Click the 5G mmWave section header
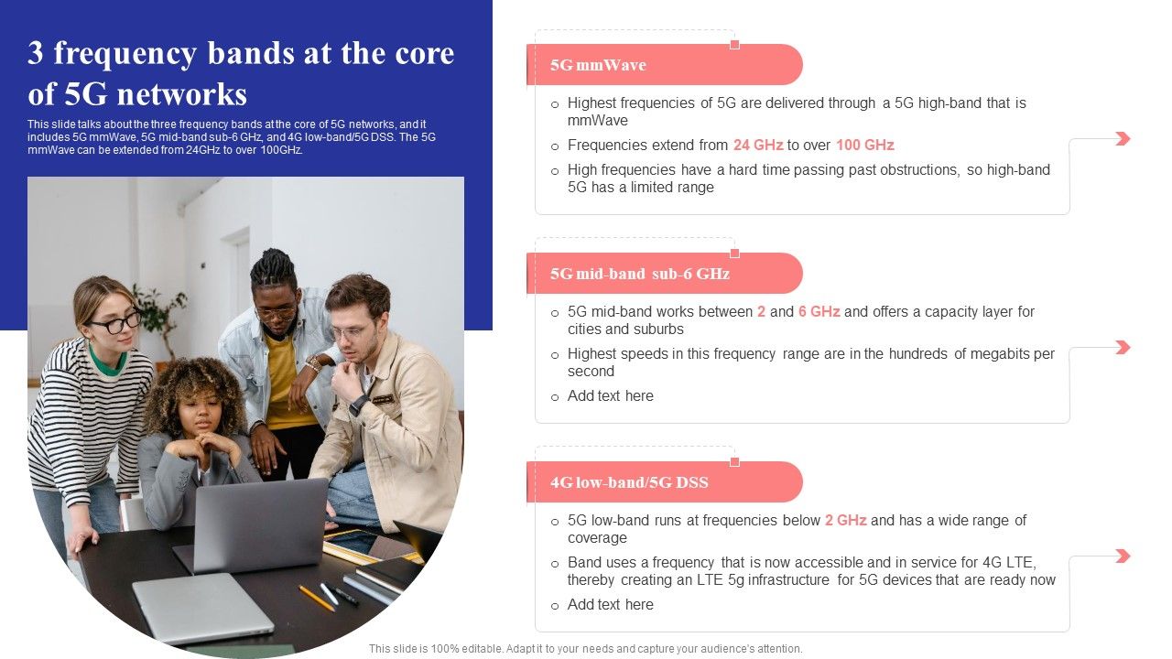pos(598,65)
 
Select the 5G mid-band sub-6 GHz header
pos(639,274)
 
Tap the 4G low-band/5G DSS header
pos(629,482)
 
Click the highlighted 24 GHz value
pos(757,145)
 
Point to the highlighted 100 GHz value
pos(864,145)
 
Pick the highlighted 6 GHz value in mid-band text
pos(819,311)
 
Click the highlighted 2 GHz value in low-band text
pos(845,520)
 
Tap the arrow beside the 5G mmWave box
pos(1122,138)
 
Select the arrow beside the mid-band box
pos(1122,347)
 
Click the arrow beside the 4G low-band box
pos(1122,556)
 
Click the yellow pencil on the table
pos(317,598)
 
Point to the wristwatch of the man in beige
pos(358,405)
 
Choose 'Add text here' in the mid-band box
pos(610,395)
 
